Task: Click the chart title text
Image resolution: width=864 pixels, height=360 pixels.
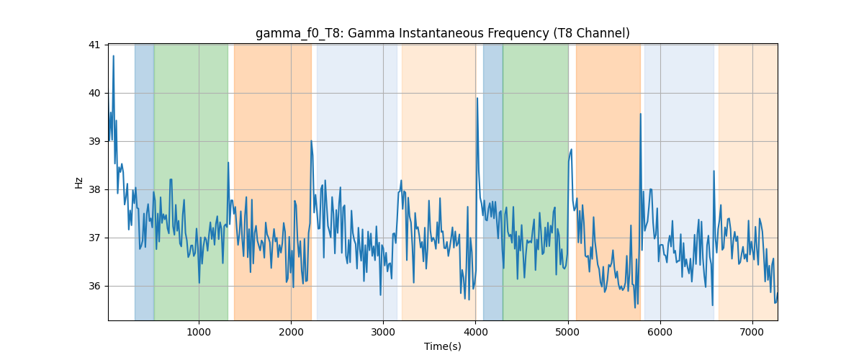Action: point(442,34)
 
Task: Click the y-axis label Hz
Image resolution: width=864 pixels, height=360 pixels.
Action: point(78,183)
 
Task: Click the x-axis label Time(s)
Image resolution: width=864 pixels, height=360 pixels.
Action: point(442,346)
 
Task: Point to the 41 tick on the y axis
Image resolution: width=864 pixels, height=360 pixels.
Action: point(94,45)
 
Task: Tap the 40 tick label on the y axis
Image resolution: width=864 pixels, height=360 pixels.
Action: point(94,94)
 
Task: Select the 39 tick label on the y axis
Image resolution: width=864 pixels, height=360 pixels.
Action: point(94,142)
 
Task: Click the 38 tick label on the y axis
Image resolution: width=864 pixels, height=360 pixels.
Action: point(94,190)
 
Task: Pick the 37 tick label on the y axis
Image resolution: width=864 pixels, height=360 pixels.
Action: point(94,238)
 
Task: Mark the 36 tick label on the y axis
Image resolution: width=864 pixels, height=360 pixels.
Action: point(94,287)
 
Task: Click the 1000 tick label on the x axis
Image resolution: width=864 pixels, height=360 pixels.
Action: point(199,332)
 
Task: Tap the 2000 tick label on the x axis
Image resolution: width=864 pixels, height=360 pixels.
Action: point(291,332)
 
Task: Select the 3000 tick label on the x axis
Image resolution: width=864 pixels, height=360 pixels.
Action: point(383,332)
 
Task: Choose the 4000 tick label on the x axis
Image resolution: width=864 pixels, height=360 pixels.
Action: point(476,332)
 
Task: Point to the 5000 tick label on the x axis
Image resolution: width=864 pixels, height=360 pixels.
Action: point(568,332)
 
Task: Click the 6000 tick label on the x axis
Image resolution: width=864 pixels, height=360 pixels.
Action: point(660,332)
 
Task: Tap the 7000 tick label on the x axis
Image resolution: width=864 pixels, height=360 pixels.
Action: point(752,332)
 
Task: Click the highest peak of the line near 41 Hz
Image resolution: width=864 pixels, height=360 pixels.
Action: point(114,56)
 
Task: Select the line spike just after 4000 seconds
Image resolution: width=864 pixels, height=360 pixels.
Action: point(477,98)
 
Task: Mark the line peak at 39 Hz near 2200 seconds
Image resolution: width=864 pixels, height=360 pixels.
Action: point(311,141)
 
